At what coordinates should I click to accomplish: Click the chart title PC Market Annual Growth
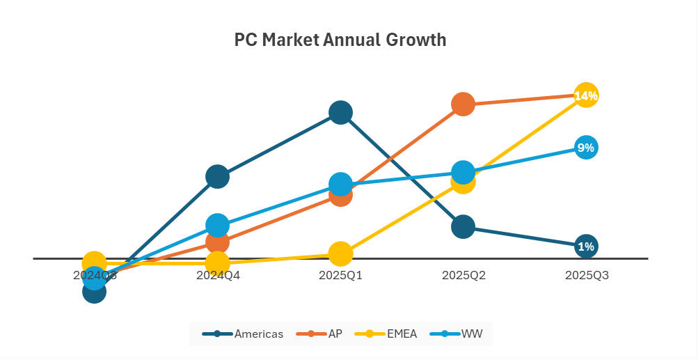point(340,40)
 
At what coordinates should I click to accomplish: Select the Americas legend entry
point(243,334)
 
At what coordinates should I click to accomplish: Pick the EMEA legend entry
point(387,334)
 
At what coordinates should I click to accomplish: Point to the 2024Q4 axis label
point(218,275)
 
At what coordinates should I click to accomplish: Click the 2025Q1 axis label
point(340,275)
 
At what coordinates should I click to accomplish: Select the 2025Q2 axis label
point(463,275)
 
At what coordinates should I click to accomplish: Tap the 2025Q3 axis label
point(586,275)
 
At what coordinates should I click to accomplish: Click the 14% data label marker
point(586,95)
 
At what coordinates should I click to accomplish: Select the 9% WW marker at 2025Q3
point(586,147)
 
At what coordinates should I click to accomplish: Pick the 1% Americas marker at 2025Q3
point(586,246)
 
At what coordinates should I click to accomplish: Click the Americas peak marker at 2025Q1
point(340,111)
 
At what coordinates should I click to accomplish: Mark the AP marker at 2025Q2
point(463,104)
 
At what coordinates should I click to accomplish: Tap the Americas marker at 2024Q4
point(218,177)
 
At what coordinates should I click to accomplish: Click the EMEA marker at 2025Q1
point(340,254)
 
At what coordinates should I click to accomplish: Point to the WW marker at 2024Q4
point(218,225)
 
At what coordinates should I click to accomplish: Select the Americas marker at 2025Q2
point(463,226)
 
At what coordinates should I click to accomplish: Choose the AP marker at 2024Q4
point(218,242)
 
